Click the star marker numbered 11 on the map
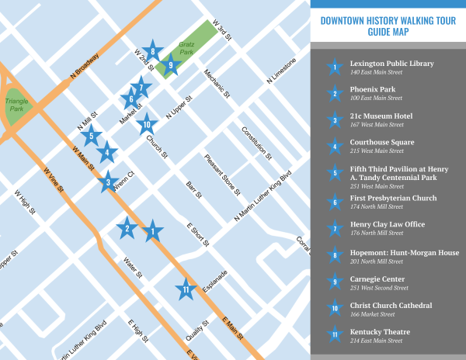coord(185,289)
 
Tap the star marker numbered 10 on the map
coord(145,123)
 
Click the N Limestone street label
coord(281,70)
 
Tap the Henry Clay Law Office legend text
coord(387,225)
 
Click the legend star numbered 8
coord(335,254)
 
